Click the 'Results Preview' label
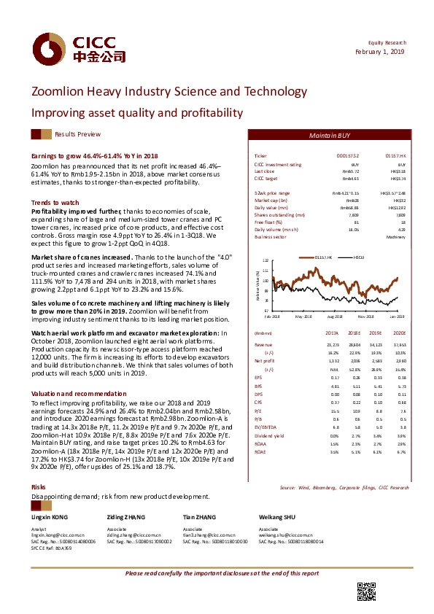coord(77,135)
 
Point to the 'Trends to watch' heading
coord(55,202)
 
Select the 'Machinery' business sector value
coord(395,237)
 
